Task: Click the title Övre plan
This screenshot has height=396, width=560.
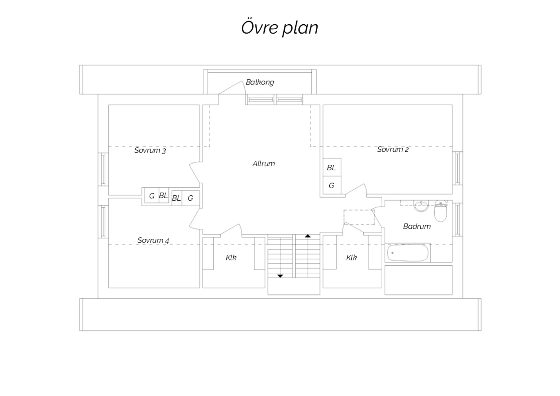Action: pos(280,28)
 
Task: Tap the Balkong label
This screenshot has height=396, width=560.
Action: pos(260,82)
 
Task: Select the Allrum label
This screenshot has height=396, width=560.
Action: pos(264,164)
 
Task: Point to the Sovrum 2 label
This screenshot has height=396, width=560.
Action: pos(393,149)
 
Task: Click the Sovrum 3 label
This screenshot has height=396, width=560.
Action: pos(150,150)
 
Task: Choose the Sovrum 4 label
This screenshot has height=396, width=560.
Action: pos(153,240)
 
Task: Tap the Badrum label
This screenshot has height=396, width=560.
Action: pos(417,226)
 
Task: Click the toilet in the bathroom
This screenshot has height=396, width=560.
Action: pos(441,211)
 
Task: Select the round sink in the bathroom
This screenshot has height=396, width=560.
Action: pos(421,206)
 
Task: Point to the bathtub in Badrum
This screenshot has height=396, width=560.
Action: pos(408,253)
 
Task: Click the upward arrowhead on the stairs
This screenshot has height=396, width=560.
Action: pos(308,236)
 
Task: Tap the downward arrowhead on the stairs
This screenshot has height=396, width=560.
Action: pos(280,276)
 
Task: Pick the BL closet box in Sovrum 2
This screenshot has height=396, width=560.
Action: pos(332,167)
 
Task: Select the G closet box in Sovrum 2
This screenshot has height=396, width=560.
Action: pos(332,185)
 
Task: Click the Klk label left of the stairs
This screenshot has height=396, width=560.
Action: pos(231,258)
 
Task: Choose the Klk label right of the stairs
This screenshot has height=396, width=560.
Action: pos(352,258)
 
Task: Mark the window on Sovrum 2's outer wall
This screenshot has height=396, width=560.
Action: pos(457,168)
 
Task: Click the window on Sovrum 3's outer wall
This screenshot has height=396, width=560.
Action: pos(103,169)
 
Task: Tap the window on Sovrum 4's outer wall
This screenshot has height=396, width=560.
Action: pos(103,222)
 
